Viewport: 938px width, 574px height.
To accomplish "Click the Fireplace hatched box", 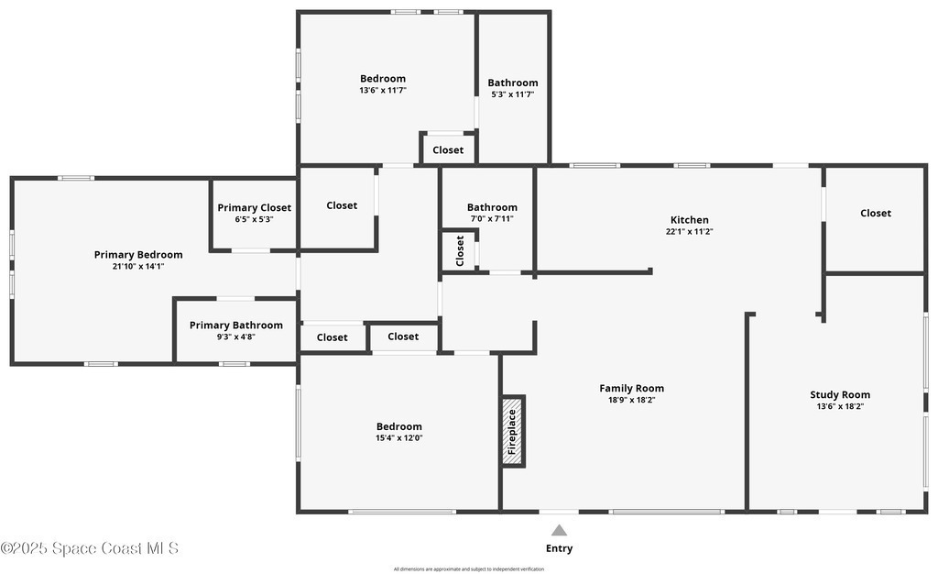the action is tap(513, 431).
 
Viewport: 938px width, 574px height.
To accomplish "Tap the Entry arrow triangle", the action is tap(559, 530).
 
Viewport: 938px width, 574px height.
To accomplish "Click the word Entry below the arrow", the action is tap(559, 548).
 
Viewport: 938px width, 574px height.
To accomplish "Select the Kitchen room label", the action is tap(689, 220).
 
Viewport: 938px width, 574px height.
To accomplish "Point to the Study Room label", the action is tap(840, 394).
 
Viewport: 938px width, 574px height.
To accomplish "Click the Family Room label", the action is tap(632, 388).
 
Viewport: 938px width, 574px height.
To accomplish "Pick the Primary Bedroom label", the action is tap(138, 254).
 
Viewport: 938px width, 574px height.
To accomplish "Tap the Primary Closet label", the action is tap(255, 208).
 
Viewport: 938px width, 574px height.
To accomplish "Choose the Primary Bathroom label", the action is tap(236, 325).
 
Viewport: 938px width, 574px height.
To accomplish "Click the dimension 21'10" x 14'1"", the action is tap(138, 266).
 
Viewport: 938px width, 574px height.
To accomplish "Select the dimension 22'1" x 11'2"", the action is tap(689, 232).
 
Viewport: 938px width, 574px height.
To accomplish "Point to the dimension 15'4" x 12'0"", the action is tap(399, 437).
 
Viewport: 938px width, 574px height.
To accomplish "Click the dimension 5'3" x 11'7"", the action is tap(513, 94).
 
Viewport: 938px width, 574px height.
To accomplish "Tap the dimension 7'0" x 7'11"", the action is tap(492, 218).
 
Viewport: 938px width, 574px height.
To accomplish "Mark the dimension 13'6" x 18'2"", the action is tap(840, 406).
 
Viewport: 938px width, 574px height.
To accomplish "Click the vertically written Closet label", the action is tap(460, 251).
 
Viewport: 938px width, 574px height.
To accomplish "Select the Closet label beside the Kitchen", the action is tap(876, 213).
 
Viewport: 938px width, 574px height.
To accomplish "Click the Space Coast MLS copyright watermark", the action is tap(90, 548).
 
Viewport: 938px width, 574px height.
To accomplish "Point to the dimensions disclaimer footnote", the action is tap(469, 569).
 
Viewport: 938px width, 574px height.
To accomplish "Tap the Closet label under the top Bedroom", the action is tap(448, 150).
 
